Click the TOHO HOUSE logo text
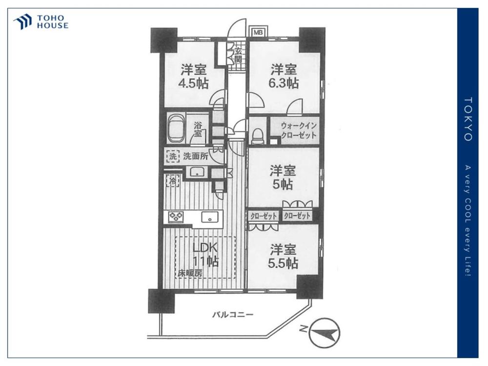[53, 22]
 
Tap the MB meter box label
[257, 32]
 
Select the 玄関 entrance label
[238, 56]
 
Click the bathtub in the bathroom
[176, 129]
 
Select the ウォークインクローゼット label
[299, 130]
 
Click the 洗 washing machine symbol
[173, 156]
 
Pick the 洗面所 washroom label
[196, 156]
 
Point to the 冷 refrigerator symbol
[173, 181]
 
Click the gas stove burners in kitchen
[176, 217]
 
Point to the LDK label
[204, 248]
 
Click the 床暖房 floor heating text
[190, 273]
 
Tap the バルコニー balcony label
[233, 315]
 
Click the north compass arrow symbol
[325, 332]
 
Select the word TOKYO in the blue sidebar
[468, 119]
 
